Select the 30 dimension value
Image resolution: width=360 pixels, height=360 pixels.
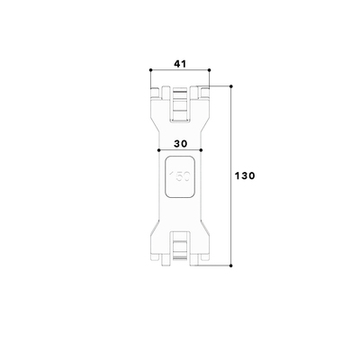(x=180, y=143)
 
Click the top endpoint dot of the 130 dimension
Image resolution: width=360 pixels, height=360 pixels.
(x=232, y=85)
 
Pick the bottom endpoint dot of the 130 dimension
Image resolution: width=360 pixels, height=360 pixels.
(x=232, y=266)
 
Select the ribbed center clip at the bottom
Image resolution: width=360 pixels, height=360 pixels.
(x=180, y=247)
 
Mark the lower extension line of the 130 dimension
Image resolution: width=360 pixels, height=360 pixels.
(x=216, y=266)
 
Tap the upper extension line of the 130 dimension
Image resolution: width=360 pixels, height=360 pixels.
(x=220, y=85)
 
